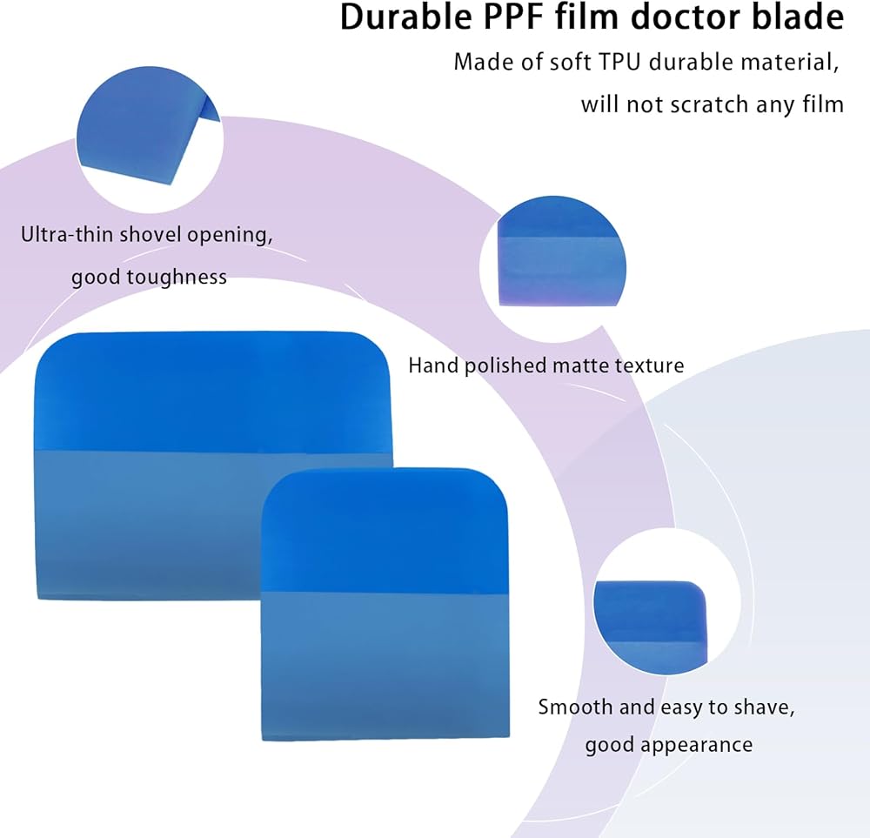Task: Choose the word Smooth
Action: tap(575, 707)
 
